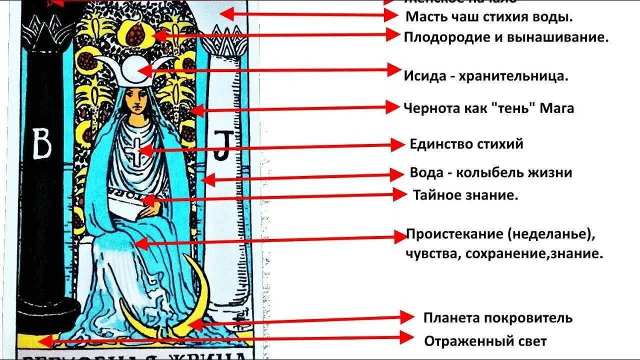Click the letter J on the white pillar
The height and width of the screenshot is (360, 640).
coord(220,145)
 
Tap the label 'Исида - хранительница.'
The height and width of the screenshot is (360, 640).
coord(485,76)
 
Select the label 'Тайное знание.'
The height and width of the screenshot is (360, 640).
coord(465,195)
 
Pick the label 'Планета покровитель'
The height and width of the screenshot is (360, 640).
coord(497,318)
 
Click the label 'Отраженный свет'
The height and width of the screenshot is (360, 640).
coord(485,341)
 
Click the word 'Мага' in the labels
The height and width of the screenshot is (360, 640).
coord(557,108)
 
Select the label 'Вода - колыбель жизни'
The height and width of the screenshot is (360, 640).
coord(490,173)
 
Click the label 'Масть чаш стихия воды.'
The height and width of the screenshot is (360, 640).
coord(488,16)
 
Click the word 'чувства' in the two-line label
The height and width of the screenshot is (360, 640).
coord(433,253)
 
